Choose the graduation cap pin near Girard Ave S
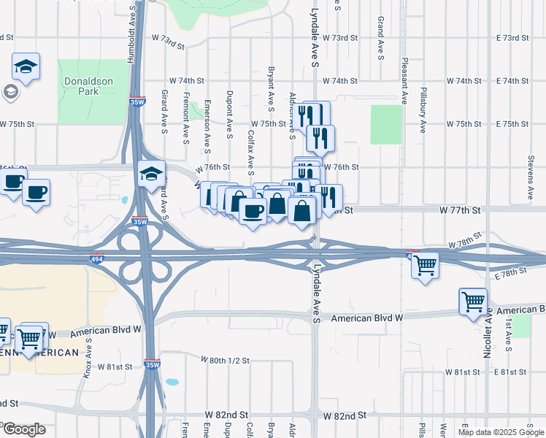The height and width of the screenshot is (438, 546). click(x=151, y=174)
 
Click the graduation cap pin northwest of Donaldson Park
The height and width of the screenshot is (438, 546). click(x=26, y=66)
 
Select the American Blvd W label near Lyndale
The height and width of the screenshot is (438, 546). click(x=367, y=318)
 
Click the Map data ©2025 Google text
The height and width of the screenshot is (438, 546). click(x=500, y=432)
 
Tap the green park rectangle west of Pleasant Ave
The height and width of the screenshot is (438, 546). click(x=386, y=124)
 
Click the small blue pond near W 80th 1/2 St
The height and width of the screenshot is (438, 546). click(x=172, y=381)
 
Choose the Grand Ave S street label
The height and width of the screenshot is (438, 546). click(x=380, y=36)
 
